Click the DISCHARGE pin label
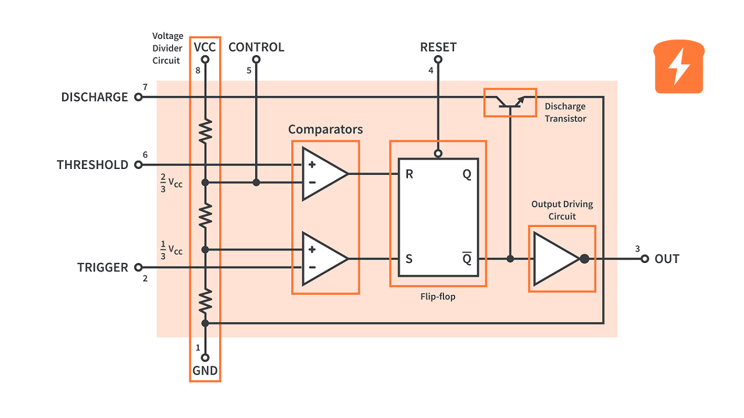94,97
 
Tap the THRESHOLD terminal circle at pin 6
138,165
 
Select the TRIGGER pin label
102,268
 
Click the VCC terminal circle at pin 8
205,59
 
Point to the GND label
205,371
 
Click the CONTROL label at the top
256,47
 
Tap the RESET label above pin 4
438,47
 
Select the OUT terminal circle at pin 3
644,259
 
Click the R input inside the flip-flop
409,174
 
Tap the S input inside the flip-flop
409,259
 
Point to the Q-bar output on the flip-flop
467,258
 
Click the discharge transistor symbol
510,102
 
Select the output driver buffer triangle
555,259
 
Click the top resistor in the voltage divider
205,131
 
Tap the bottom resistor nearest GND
205,301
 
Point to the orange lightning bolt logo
679,67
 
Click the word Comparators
325,129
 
